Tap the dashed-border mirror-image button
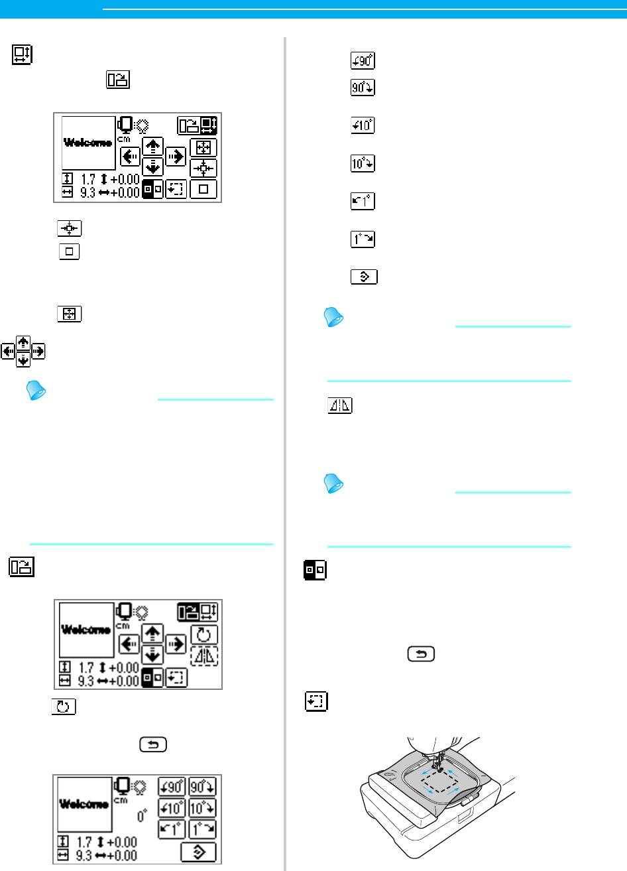[x=204, y=656]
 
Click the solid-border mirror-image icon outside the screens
[x=340, y=407]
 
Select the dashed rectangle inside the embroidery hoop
[x=438, y=773]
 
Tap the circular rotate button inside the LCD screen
[x=204, y=634]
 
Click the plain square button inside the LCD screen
[x=203, y=189]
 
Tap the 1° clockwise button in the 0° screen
[x=203, y=829]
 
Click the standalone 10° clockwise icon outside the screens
[x=363, y=163]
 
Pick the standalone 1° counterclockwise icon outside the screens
[x=363, y=201]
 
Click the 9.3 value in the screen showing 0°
[x=87, y=856]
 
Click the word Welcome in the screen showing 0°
[x=85, y=804]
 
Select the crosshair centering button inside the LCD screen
[x=203, y=168]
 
